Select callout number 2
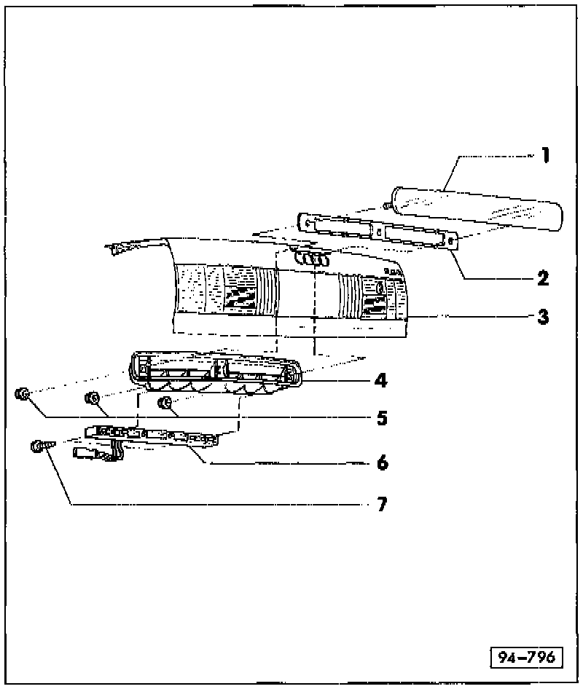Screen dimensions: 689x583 [x=543, y=277]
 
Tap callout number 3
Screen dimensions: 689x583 [x=544, y=317]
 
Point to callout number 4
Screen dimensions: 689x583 [x=382, y=379]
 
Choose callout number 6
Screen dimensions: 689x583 [x=382, y=462]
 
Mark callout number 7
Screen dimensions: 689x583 [x=382, y=503]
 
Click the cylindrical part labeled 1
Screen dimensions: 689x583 [x=477, y=208]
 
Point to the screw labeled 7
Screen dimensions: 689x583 [x=39, y=446]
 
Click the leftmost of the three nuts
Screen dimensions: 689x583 [x=23, y=395]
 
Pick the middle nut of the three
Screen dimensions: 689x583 [x=93, y=398]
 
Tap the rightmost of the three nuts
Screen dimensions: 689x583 [x=166, y=402]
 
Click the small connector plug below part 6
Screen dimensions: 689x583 [x=91, y=455]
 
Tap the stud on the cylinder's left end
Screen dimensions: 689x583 [x=388, y=207]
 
